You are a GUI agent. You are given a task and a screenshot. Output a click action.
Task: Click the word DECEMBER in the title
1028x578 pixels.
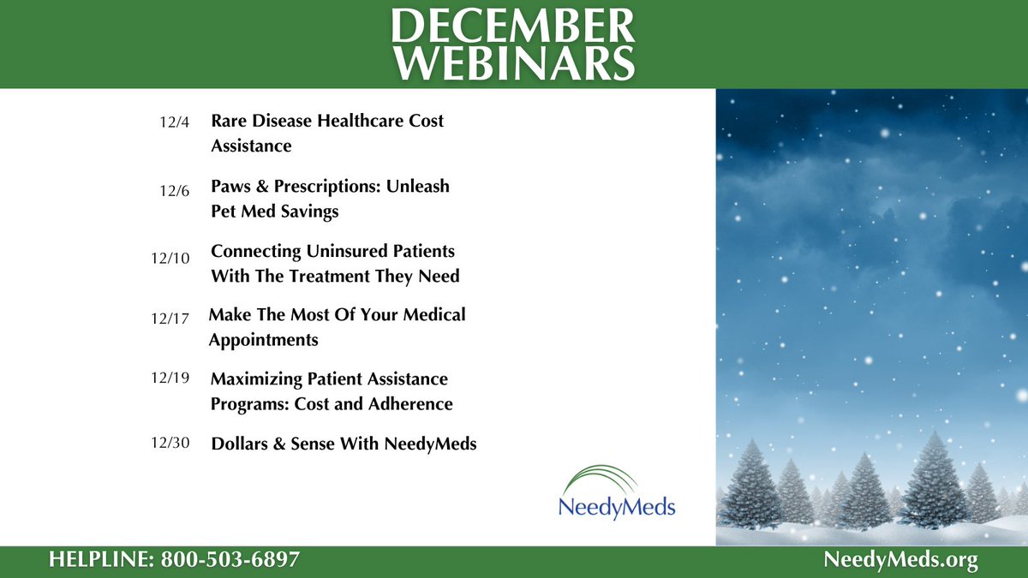(x=514, y=27)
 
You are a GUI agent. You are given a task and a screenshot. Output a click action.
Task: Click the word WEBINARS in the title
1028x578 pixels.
(x=514, y=64)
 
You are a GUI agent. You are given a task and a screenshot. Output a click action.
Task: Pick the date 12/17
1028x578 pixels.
(x=170, y=319)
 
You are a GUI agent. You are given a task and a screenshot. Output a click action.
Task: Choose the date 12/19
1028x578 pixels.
(x=170, y=378)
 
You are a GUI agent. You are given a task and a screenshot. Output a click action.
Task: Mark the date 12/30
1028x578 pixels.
(x=170, y=444)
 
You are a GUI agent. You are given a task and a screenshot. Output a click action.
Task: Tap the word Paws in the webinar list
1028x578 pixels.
(x=232, y=186)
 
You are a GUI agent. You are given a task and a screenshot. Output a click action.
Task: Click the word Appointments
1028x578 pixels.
(x=263, y=340)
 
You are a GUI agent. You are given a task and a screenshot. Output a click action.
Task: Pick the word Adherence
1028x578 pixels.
(x=413, y=403)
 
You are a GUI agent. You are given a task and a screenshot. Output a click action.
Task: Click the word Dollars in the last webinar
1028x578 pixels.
(x=241, y=444)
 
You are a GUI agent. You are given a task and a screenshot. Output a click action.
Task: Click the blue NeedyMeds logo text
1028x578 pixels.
(x=617, y=507)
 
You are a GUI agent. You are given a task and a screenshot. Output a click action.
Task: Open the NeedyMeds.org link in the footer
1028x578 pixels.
(x=900, y=561)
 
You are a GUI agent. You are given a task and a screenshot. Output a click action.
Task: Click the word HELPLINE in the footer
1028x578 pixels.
(x=98, y=561)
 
